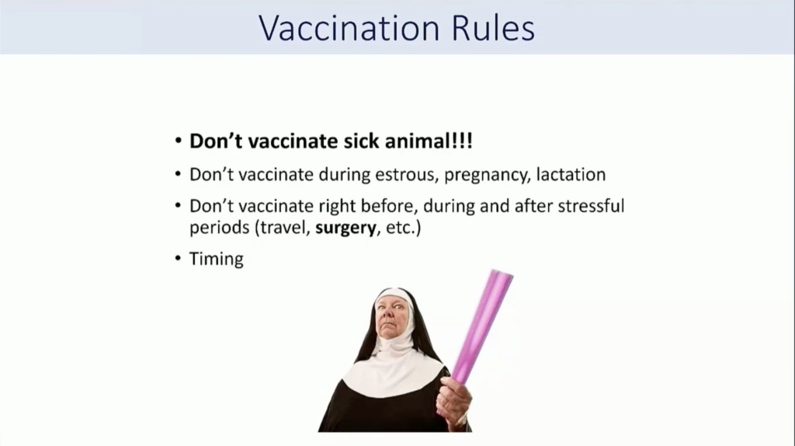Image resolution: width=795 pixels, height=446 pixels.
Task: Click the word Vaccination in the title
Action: point(349,28)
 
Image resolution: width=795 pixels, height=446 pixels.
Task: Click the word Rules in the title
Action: point(493,28)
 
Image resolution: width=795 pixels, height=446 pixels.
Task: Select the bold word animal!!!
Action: point(429,141)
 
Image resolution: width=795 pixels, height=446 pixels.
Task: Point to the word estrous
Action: point(406,175)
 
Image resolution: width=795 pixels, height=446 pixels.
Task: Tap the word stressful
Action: point(591,206)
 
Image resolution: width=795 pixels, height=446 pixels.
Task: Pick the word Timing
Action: point(217,260)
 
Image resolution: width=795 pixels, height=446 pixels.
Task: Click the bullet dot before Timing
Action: point(178,258)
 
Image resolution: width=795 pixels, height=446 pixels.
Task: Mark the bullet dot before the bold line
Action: point(178,140)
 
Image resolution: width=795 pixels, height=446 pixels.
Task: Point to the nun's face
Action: point(392,315)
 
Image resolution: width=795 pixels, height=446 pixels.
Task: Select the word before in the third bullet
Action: point(389,206)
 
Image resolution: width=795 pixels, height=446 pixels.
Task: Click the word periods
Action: point(220,228)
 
